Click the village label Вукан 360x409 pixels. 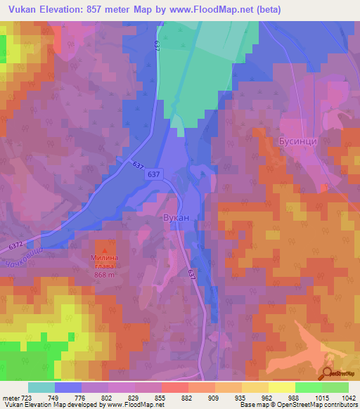pyautogui.click(x=176, y=219)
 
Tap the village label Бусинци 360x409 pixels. pyautogui.click(x=299, y=140)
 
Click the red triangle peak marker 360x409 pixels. pyautogui.click(x=105, y=247)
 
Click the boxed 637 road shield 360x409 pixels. pyautogui.click(x=155, y=175)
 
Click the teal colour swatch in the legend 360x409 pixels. pyautogui.click(x=41, y=387)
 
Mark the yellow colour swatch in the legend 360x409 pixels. pyautogui.click(x=281, y=387)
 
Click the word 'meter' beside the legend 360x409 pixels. pyautogui.click(x=9, y=397)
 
